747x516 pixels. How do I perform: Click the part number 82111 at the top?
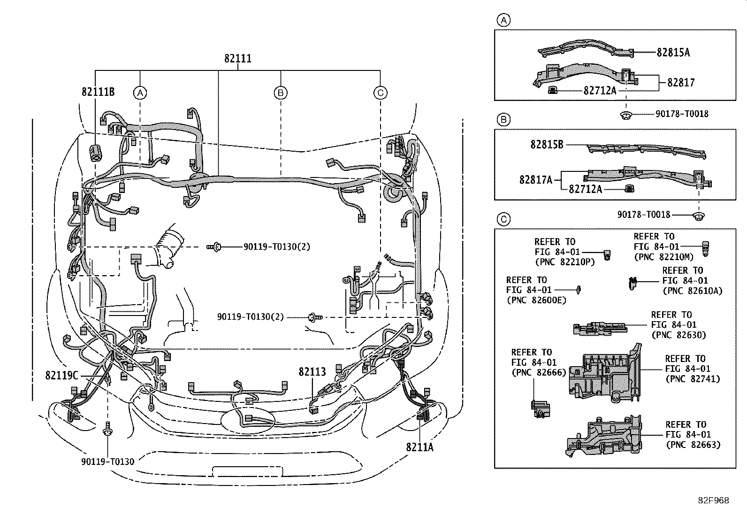point(238,59)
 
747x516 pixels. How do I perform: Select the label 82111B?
point(98,92)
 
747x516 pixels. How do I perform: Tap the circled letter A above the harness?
point(140,93)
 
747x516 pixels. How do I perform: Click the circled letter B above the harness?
point(281,93)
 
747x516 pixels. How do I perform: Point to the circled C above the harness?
point(381,93)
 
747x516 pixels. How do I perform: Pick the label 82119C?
point(61,376)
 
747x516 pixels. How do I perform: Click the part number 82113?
point(312,372)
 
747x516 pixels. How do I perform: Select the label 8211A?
point(419,447)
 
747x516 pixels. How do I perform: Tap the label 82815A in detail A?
point(673,53)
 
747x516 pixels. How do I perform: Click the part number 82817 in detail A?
point(681,83)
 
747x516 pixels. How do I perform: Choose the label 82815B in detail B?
point(547,145)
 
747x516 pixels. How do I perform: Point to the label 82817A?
point(536,180)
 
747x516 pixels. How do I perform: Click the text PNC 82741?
point(693,379)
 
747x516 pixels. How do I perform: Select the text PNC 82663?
point(694,445)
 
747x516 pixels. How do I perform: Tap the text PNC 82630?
point(679,335)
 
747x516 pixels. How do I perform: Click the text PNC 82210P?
point(565,262)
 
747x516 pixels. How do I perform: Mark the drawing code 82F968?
point(714,501)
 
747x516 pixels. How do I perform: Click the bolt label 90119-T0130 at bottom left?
point(108,462)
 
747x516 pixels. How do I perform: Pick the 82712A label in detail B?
point(585,189)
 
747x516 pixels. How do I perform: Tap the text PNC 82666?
point(539,372)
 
